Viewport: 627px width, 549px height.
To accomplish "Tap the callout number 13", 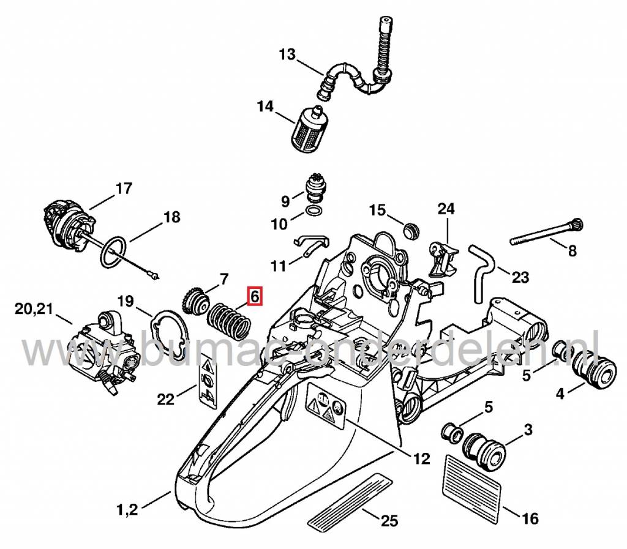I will click(287, 55).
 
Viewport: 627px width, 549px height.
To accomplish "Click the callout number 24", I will click(446, 209).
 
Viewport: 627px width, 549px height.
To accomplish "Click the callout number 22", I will click(165, 399).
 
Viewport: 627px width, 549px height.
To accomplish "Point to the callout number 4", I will click(560, 395).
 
